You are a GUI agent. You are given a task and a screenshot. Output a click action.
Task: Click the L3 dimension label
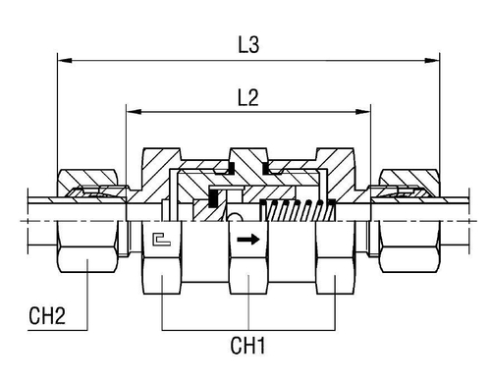click(249, 45)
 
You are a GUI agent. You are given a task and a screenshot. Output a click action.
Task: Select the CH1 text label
click(249, 346)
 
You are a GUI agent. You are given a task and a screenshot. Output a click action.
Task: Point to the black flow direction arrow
click(248, 238)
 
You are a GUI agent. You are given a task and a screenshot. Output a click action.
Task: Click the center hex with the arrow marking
click(248, 260)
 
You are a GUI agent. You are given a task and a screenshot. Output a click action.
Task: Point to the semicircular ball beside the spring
click(236, 217)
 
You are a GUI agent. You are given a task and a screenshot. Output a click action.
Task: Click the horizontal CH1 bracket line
click(249, 325)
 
